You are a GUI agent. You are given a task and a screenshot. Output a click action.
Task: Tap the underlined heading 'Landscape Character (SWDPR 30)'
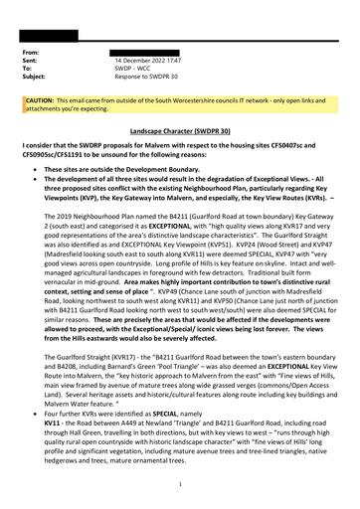coord(179,130)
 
